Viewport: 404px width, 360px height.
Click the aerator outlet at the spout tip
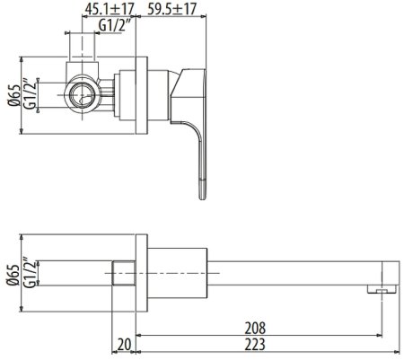coord(382,289)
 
